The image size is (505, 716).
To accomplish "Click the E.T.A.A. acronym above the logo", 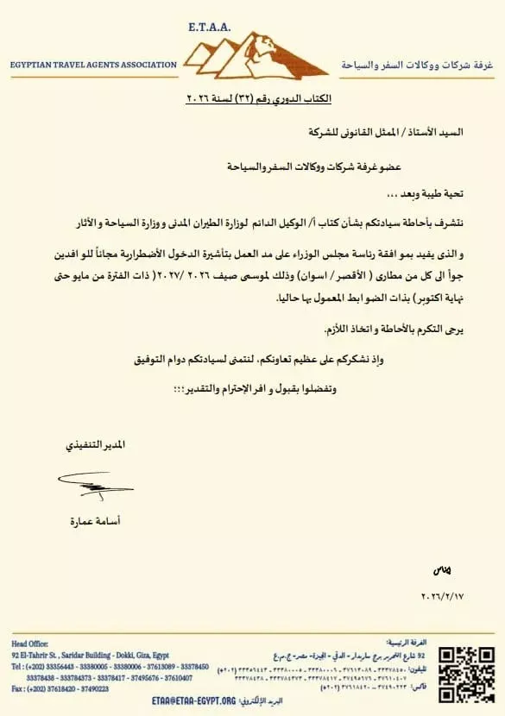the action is (x=208, y=28).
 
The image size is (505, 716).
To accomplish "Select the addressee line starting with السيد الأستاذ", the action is (x=394, y=132).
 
